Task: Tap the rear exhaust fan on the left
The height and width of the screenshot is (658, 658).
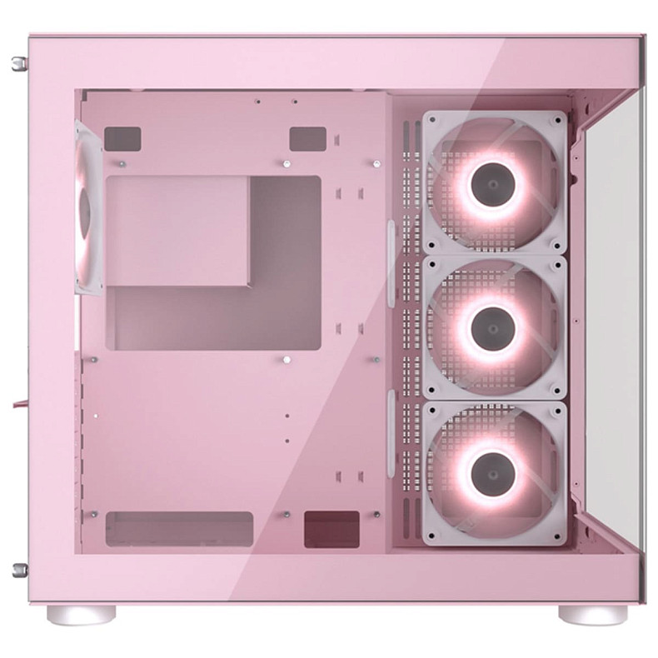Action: point(86,207)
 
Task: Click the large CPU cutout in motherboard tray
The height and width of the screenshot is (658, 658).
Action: point(213,262)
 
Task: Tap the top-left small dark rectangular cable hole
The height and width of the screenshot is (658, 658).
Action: point(122,138)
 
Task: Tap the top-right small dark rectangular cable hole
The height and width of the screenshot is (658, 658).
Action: point(307,138)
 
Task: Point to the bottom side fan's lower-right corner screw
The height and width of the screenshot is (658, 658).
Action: point(556,536)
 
